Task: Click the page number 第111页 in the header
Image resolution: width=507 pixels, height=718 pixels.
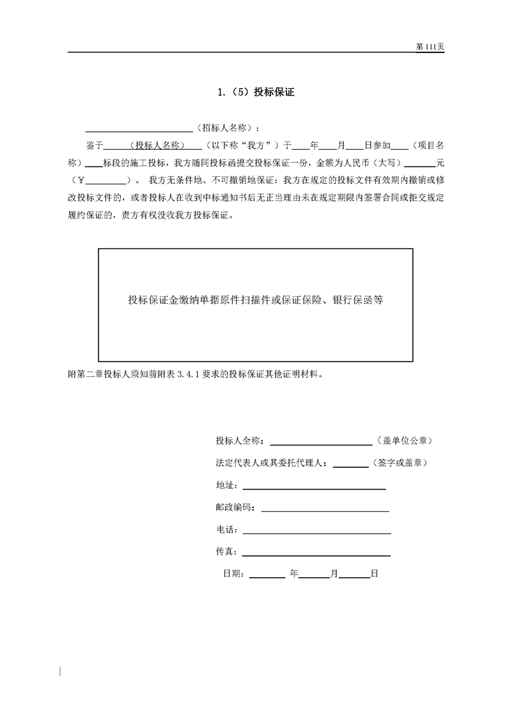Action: click(x=429, y=47)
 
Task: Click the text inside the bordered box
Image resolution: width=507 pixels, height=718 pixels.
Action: click(x=255, y=299)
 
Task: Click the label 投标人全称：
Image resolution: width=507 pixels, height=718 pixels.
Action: click(x=242, y=442)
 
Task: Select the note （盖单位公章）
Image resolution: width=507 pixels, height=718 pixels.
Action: click(x=405, y=442)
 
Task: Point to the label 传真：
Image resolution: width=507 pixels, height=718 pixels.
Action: click(x=228, y=552)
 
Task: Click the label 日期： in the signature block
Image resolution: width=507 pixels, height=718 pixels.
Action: click(x=233, y=574)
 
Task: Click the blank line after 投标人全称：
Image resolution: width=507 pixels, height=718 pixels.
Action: click(x=322, y=443)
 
